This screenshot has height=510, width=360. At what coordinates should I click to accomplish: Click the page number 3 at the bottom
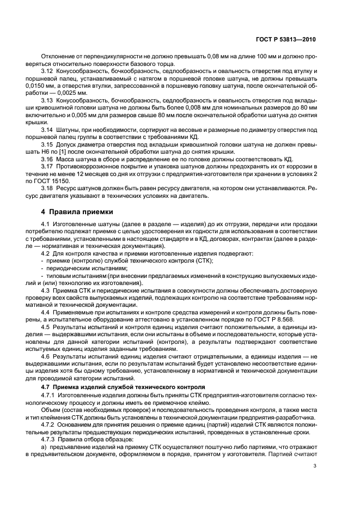pos(314,481)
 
